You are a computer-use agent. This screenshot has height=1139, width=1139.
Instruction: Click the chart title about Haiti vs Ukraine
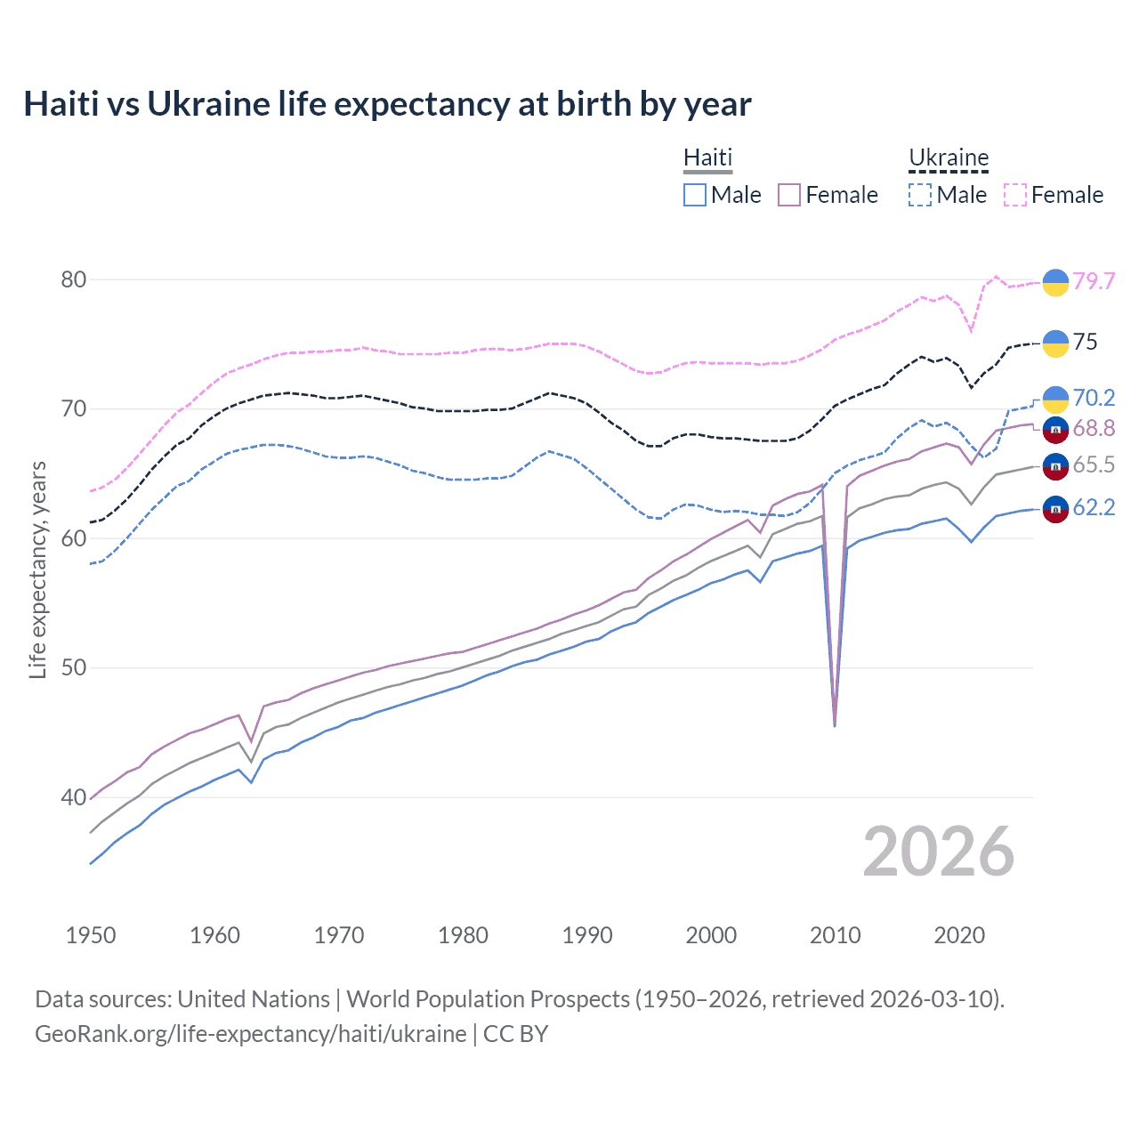(387, 104)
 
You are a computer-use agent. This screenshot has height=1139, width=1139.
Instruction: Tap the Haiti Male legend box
(695, 195)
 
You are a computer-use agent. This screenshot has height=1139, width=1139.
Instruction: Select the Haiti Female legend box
(789, 195)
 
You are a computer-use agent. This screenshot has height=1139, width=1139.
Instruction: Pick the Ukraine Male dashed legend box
(920, 195)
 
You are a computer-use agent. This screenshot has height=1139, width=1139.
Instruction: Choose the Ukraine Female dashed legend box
(1015, 195)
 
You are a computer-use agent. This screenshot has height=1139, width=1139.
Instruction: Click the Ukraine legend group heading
(949, 158)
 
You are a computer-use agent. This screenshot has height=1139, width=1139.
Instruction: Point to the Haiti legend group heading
(707, 158)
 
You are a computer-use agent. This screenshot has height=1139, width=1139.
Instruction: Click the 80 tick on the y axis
(73, 279)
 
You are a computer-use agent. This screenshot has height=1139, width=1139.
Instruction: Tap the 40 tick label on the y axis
(73, 797)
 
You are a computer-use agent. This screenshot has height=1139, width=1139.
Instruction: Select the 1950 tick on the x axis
(91, 935)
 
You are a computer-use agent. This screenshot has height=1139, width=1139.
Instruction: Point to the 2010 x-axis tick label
(835, 935)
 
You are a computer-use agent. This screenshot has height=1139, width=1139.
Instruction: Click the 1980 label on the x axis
(463, 935)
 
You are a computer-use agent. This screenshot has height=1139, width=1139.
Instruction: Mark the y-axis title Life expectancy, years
(37, 569)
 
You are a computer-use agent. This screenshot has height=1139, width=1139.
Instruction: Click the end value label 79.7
(1094, 281)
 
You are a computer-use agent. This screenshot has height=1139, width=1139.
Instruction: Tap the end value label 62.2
(1094, 507)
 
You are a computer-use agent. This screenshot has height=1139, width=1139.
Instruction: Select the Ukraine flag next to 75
(1055, 343)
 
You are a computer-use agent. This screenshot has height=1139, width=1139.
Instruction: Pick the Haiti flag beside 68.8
(1055, 429)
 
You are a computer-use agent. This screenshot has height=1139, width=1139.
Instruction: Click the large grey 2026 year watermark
(939, 852)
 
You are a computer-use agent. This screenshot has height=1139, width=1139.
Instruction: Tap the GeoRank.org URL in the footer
(250, 1034)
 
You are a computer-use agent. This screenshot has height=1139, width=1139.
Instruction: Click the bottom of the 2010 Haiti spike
(835, 725)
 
